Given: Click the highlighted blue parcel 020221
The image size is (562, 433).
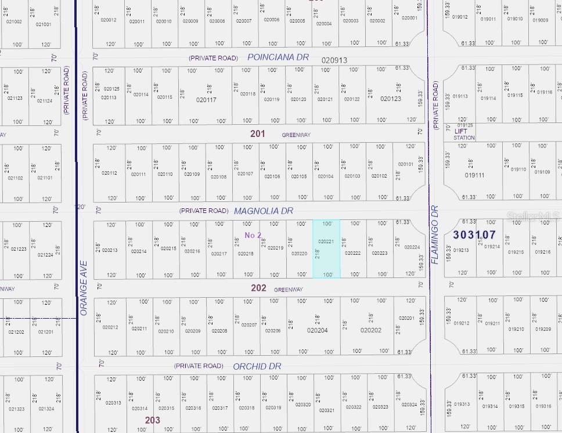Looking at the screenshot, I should click(x=326, y=248).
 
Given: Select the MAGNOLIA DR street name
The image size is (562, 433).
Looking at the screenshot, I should click(x=264, y=211).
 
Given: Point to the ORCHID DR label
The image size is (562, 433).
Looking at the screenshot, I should click(x=257, y=366).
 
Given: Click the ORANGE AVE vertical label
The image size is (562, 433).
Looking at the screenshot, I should click(x=84, y=296).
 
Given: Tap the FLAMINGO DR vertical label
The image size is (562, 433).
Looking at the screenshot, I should click(x=435, y=235).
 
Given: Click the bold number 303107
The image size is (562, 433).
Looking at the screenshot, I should click(x=474, y=235).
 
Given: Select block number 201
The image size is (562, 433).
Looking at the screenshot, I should click(x=258, y=134).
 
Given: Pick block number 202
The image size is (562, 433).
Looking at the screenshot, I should click(x=258, y=288).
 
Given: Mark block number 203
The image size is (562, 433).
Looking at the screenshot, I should click(x=153, y=420).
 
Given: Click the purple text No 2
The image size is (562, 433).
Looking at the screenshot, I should click(x=253, y=235).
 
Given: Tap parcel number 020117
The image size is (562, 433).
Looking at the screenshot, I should click(x=206, y=100).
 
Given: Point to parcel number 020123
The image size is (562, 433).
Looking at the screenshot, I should click(x=391, y=99).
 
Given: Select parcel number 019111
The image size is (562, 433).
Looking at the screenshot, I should click(x=474, y=175).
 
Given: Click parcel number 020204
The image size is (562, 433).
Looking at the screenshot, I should click(x=318, y=330).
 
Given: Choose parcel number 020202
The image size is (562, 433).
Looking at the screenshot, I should click(x=371, y=330).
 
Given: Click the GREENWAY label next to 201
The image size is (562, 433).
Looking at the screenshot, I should click(x=296, y=135).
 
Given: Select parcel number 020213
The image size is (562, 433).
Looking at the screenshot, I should click(x=110, y=251).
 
